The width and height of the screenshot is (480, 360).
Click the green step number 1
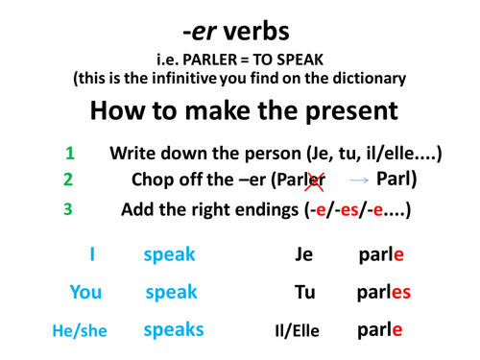tap(69, 153)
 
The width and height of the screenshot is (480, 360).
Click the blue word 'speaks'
tap(173, 329)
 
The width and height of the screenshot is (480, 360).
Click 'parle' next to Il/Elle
tap(379, 330)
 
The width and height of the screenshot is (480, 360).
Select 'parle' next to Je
tap(379, 255)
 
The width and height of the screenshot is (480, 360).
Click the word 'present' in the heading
tap(337, 111)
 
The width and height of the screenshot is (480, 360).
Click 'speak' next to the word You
tap(170, 292)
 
